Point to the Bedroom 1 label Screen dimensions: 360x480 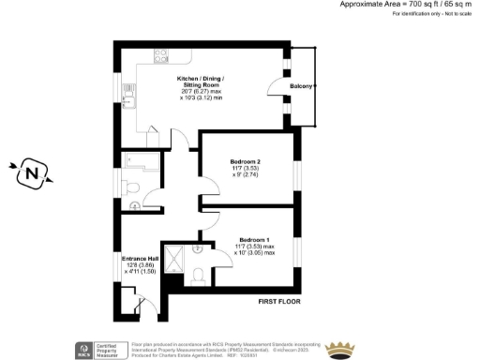(x=255, y=239)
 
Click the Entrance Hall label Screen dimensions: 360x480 (x=141, y=258)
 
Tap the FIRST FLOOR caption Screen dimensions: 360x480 (x=280, y=304)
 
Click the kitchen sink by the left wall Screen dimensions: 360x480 (x=131, y=102)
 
